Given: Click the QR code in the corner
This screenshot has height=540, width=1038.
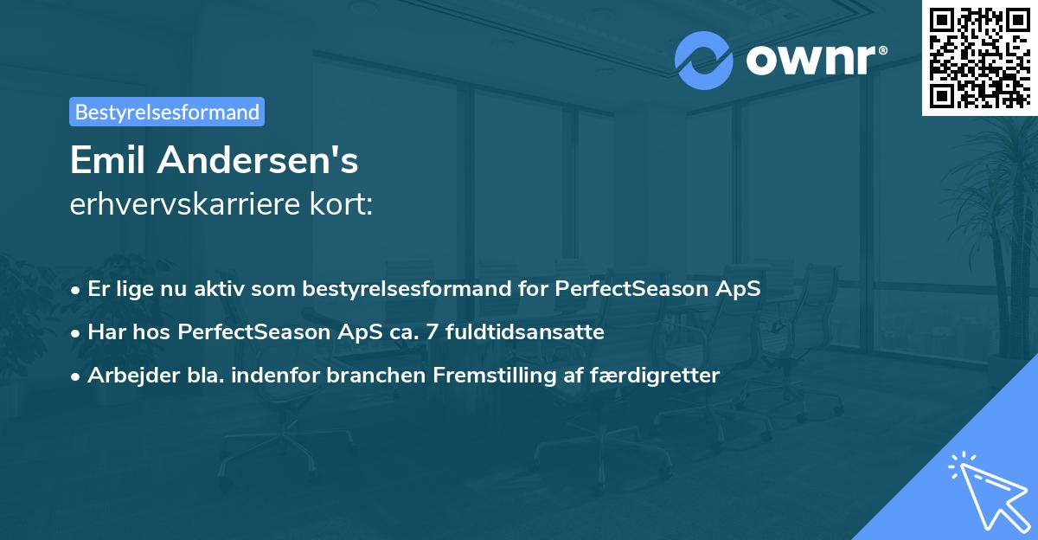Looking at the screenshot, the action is [980, 58].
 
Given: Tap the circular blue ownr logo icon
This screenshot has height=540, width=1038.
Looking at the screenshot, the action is [703, 61].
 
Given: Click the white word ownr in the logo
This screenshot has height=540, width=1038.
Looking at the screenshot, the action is [811, 61].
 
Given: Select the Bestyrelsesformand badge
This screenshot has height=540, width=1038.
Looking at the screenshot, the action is [167, 112].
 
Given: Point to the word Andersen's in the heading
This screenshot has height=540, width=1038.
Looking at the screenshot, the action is [258, 160].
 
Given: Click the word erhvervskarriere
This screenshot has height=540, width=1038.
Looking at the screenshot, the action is [185, 204].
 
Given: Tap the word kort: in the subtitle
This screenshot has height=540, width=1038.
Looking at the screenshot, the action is [341, 204].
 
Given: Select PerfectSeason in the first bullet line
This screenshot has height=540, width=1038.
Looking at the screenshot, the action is [631, 289].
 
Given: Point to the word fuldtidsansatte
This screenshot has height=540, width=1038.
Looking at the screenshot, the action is [524, 332].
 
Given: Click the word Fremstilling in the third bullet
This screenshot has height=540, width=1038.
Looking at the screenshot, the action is [495, 376].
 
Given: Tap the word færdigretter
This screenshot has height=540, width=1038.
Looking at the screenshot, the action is [655, 376].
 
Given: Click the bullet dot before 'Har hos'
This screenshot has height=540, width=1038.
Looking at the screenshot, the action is [75, 334].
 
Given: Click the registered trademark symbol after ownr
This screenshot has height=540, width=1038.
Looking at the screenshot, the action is [883, 50].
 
